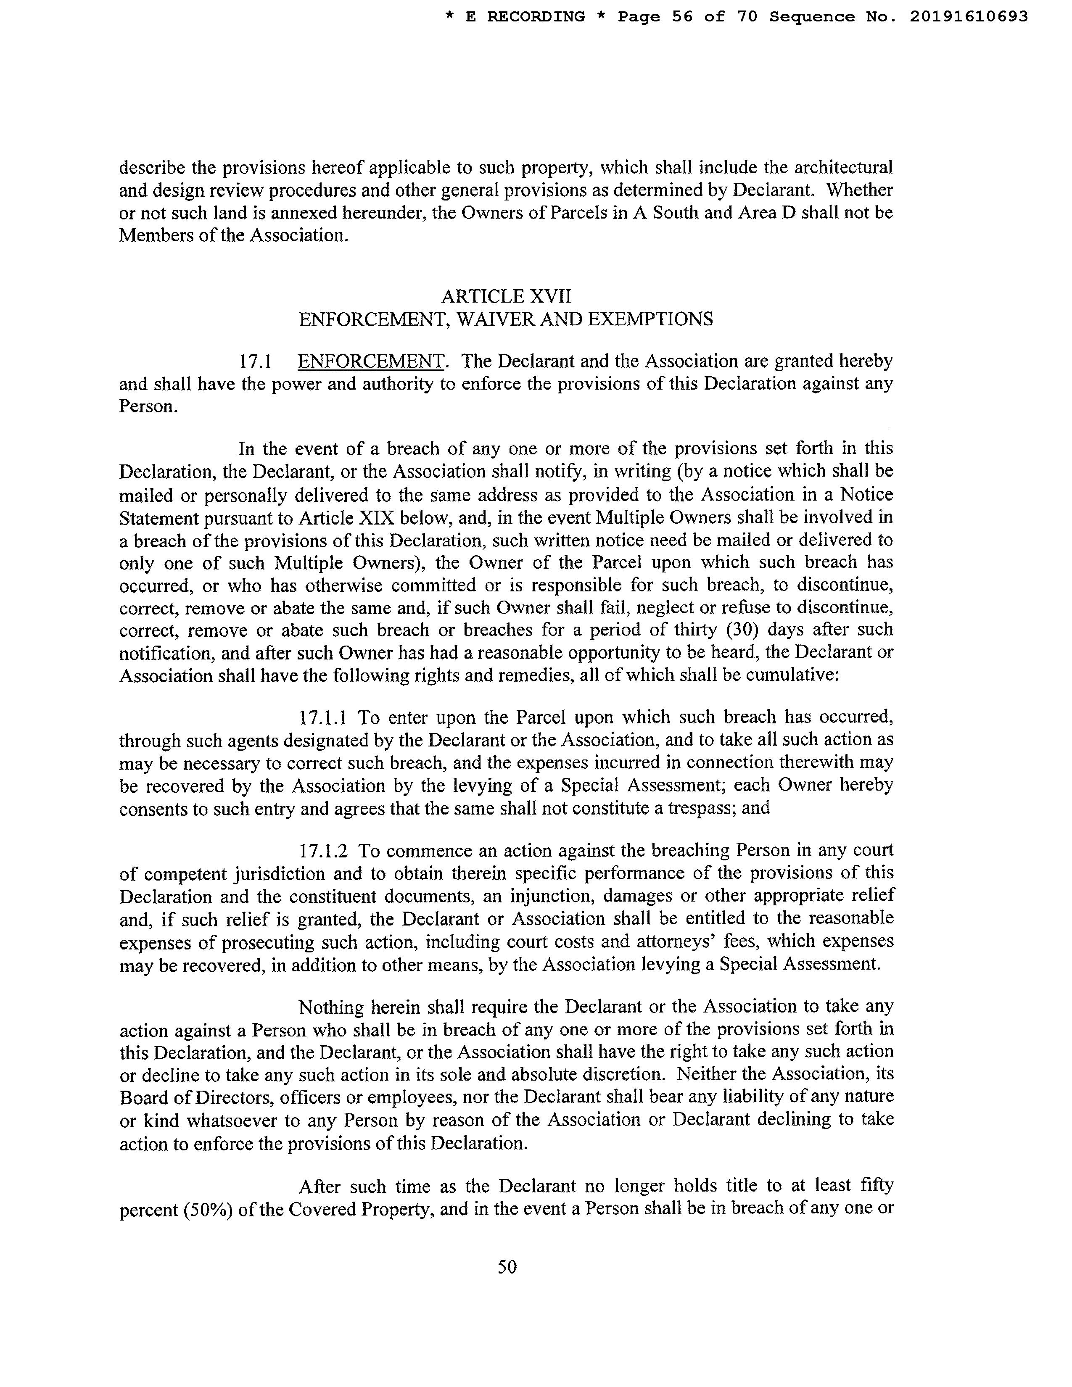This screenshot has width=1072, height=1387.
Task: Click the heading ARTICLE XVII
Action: point(506,296)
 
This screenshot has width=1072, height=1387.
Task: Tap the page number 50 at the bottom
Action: point(507,1267)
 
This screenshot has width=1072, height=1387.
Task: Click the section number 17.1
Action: point(255,362)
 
